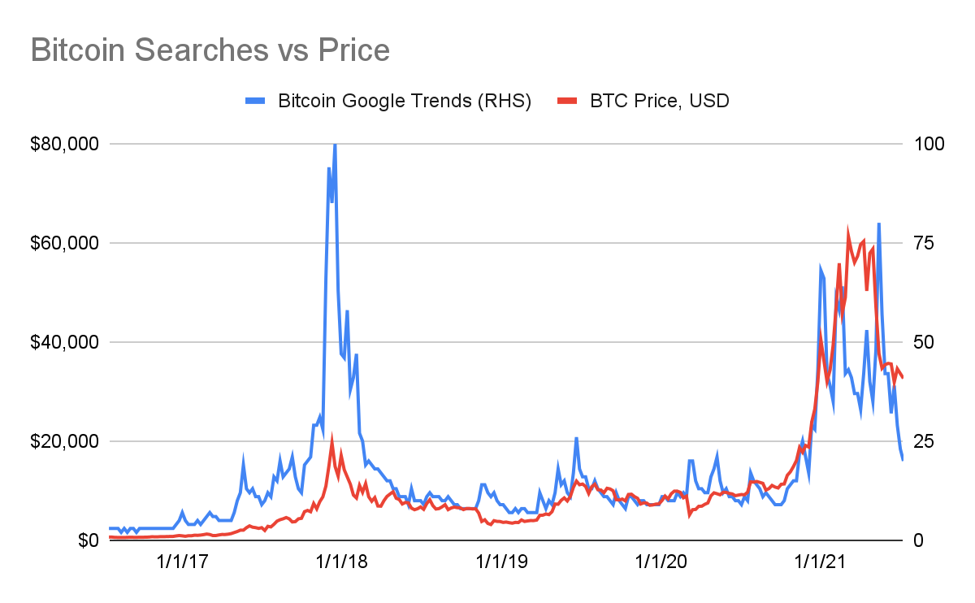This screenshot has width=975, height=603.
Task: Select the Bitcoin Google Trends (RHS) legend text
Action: coord(405,102)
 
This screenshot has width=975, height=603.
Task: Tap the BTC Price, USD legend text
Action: coord(660,102)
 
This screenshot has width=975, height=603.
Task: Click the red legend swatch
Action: coord(568,102)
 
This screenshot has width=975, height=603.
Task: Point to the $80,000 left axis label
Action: coord(64,144)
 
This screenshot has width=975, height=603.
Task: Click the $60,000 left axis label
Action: coord(64,243)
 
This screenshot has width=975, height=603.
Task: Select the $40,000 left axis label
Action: coord(64,342)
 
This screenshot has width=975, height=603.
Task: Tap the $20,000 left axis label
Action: coord(64,441)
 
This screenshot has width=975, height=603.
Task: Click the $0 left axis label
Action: coord(87,540)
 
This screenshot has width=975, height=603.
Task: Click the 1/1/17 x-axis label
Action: coord(186,562)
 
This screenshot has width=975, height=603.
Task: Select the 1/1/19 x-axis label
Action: coord(503,562)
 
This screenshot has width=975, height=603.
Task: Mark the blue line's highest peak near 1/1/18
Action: coord(335,145)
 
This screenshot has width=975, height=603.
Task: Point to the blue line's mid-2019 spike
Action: coord(576,439)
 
